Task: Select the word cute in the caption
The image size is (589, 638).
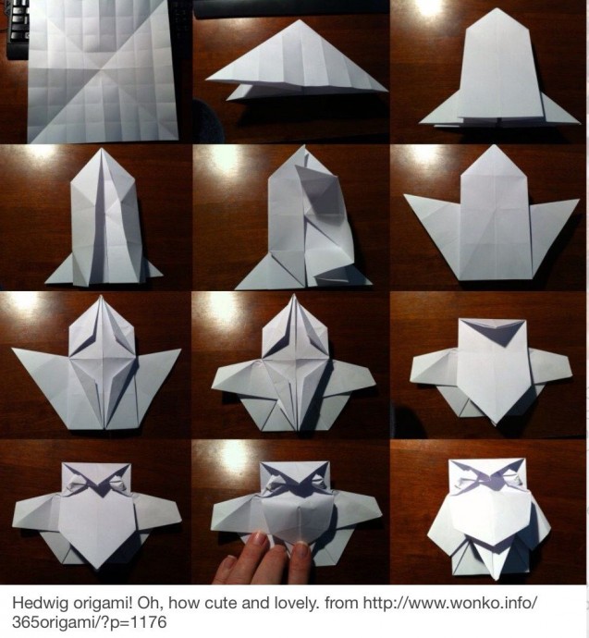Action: coord(222,603)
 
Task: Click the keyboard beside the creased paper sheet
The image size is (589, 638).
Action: coord(17,29)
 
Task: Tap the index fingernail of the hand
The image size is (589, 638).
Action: coord(260,541)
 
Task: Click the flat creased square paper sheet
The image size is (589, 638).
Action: coord(102,71)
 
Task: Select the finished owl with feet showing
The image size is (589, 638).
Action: coord(488,517)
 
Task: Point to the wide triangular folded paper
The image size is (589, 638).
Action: coord(296,61)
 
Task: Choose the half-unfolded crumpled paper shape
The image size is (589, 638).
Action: coord(303,220)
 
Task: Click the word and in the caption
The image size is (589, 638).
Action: coord(255,603)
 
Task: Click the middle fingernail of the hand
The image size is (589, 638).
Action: coord(301,546)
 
